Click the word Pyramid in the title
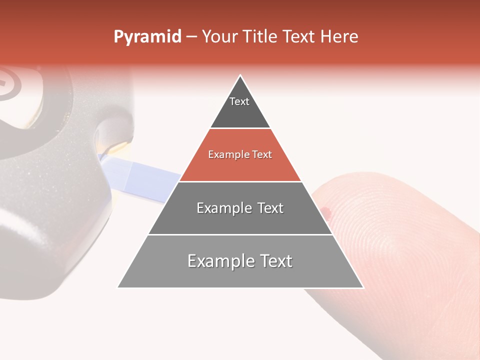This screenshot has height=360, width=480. pos(147,37)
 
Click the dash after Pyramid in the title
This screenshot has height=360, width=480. pos(191,37)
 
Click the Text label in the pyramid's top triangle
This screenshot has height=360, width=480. pos(239,101)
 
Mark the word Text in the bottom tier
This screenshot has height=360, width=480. pos(274,261)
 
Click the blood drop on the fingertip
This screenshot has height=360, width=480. pos(327,212)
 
